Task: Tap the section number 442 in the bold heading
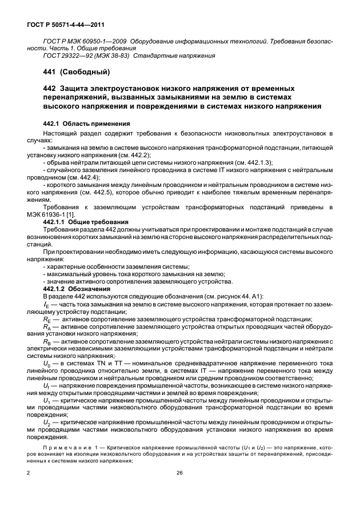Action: [50, 89]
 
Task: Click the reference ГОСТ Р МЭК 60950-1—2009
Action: [85, 42]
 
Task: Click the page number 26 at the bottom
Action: [179, 473]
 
